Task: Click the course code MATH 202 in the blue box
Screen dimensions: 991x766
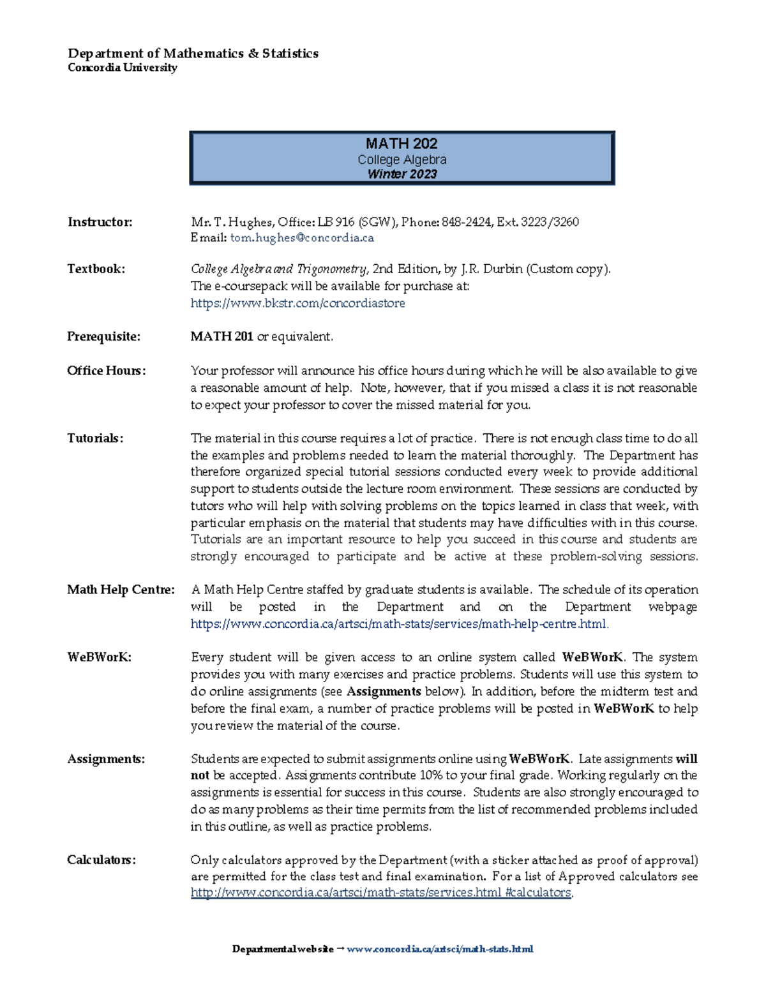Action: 402,144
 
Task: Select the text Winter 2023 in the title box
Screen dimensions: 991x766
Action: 402,174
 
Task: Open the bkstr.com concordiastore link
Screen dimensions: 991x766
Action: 297,303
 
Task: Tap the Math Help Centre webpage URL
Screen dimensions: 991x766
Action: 399,624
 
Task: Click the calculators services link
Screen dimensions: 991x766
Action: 381,893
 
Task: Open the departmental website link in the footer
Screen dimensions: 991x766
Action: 439,949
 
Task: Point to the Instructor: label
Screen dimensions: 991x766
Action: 100,222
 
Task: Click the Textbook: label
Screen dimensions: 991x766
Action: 96,269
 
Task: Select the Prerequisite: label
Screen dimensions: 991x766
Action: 103,336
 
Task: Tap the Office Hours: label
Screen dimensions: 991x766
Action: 106,371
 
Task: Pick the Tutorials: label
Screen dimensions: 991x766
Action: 95,438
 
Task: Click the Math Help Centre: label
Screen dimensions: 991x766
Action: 121,590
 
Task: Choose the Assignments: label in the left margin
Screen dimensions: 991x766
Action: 106,759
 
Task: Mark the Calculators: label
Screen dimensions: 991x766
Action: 101,860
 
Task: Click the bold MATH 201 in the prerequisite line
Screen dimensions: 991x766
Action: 222,336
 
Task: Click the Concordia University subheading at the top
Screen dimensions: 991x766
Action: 122,68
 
